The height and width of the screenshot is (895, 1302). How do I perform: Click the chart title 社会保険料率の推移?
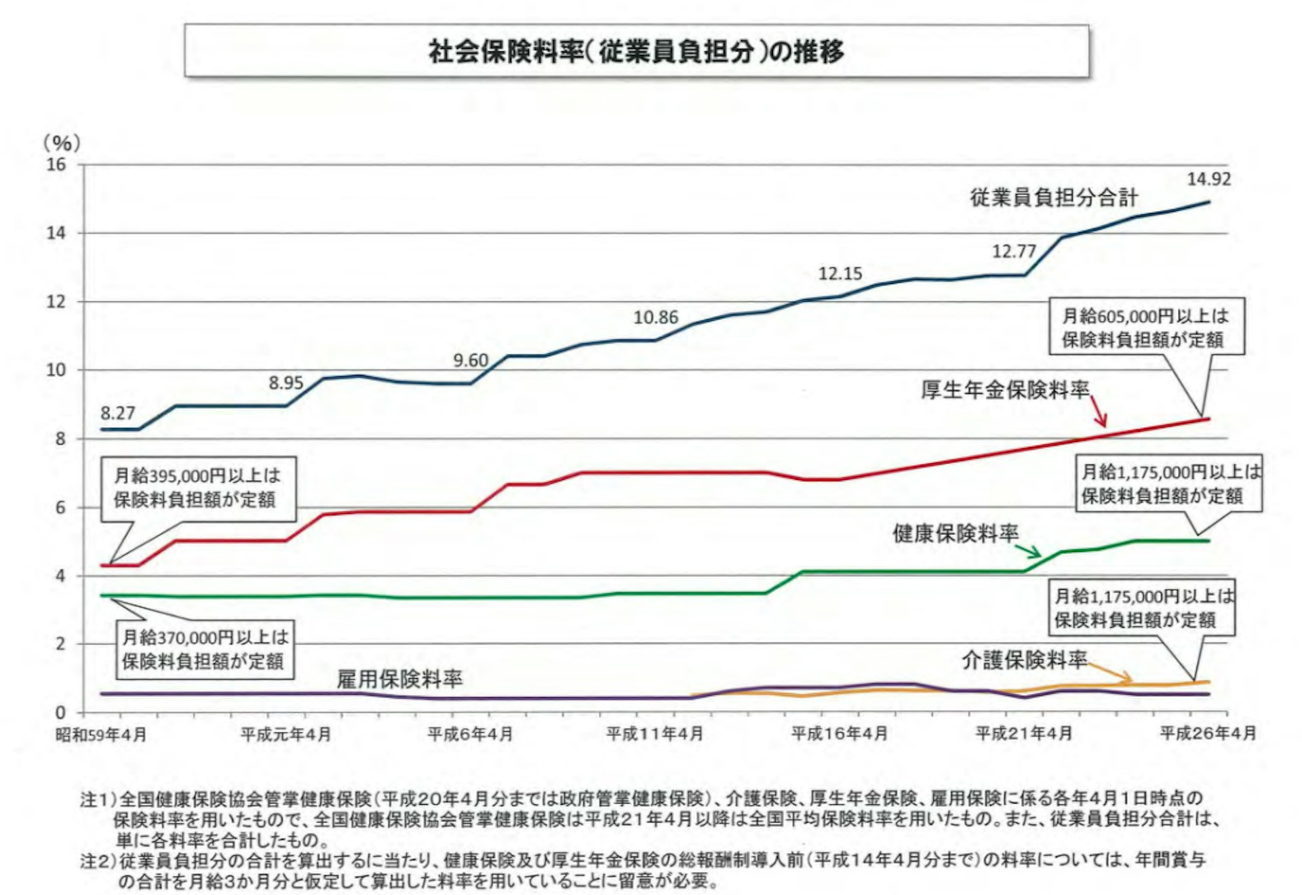click(636, 52)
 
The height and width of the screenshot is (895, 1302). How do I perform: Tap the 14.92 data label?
click(1208, 179)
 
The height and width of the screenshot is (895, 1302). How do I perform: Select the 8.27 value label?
click(118, 413)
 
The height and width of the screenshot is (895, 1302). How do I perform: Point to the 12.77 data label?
click(1014, 252)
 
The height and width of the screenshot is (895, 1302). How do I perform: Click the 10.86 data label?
click(656, 317)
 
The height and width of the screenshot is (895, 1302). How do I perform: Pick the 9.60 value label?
click(471, 360)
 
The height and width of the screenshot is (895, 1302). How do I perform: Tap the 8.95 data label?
click(286, 383)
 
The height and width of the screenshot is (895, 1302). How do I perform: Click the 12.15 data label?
click(840, 274)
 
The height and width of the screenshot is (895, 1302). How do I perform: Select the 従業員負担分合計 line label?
click(1054, 198)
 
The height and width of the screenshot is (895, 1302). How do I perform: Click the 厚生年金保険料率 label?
click(1005, 390)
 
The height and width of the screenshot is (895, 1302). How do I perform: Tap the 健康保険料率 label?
click(955, 534)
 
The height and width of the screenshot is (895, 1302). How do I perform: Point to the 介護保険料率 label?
click(1024, 660)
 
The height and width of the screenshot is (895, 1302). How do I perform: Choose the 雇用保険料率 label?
click(399, 679)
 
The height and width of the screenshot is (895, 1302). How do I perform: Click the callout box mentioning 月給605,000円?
click(1146, 327)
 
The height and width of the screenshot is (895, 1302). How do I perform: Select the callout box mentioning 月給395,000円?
click(198, 488)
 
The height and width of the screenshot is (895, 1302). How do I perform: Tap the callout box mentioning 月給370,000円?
click(205, 650)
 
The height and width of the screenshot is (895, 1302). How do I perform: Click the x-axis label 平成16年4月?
click(840, 734)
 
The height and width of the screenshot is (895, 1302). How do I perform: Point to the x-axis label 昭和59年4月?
click(101, 734)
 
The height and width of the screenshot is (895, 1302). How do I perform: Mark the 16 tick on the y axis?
click(57, 165)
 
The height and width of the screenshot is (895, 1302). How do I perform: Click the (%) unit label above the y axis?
click(62, 143)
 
